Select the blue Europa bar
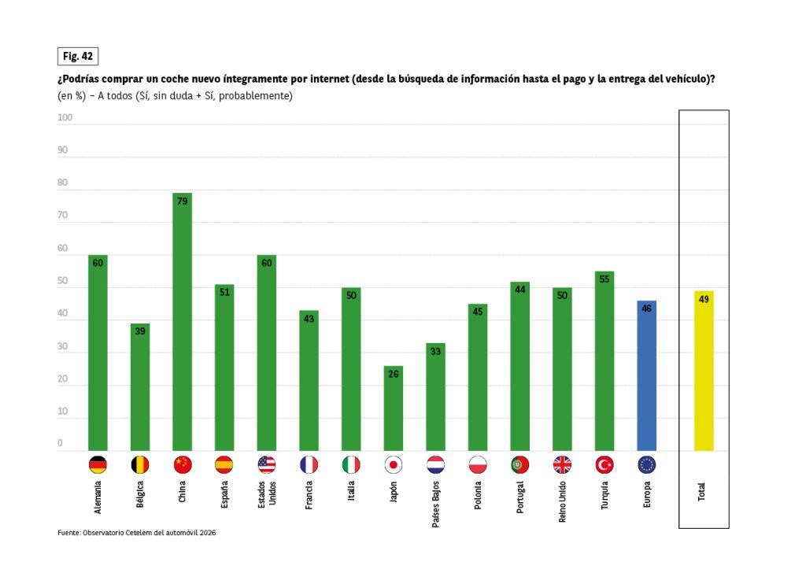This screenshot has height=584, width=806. tap(646, 375)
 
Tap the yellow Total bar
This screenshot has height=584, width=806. tap(704, 371)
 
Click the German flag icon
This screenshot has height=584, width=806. tap(98, 465)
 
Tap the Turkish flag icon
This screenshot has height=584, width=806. tap(604, 465)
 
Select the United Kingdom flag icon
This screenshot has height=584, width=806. tap(562, 465)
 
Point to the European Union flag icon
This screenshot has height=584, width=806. tap(646, 465)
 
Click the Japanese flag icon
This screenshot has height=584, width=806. tap(394, 465)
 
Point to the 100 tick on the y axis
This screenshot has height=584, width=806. tap(65, 118)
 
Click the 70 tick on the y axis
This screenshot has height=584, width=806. tap(63, 216)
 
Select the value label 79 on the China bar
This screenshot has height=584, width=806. tap(183, 201)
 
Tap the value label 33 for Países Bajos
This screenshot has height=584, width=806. tap(435, 351)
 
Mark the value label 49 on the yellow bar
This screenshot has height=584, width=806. tap(704, 299)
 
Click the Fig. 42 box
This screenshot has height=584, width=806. tap(77, 56)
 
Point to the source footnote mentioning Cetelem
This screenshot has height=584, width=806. tap(136, 533)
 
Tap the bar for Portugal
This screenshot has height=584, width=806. tap(519, 366)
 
